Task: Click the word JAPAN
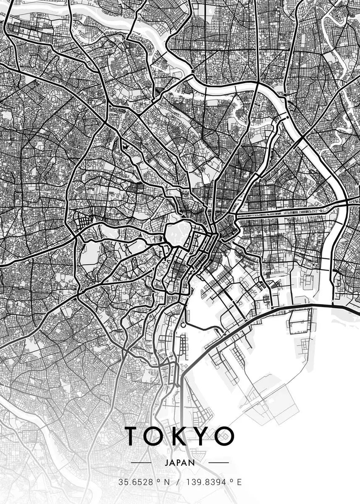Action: (180, 462)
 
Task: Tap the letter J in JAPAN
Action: (167, 462)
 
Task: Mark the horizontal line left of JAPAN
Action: (141, 462)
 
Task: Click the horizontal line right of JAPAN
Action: (219, 462)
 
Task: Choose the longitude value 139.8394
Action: (205, 483)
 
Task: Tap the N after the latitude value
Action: (167, 483)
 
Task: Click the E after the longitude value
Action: (239, 483)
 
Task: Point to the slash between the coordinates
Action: (178, 483)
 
